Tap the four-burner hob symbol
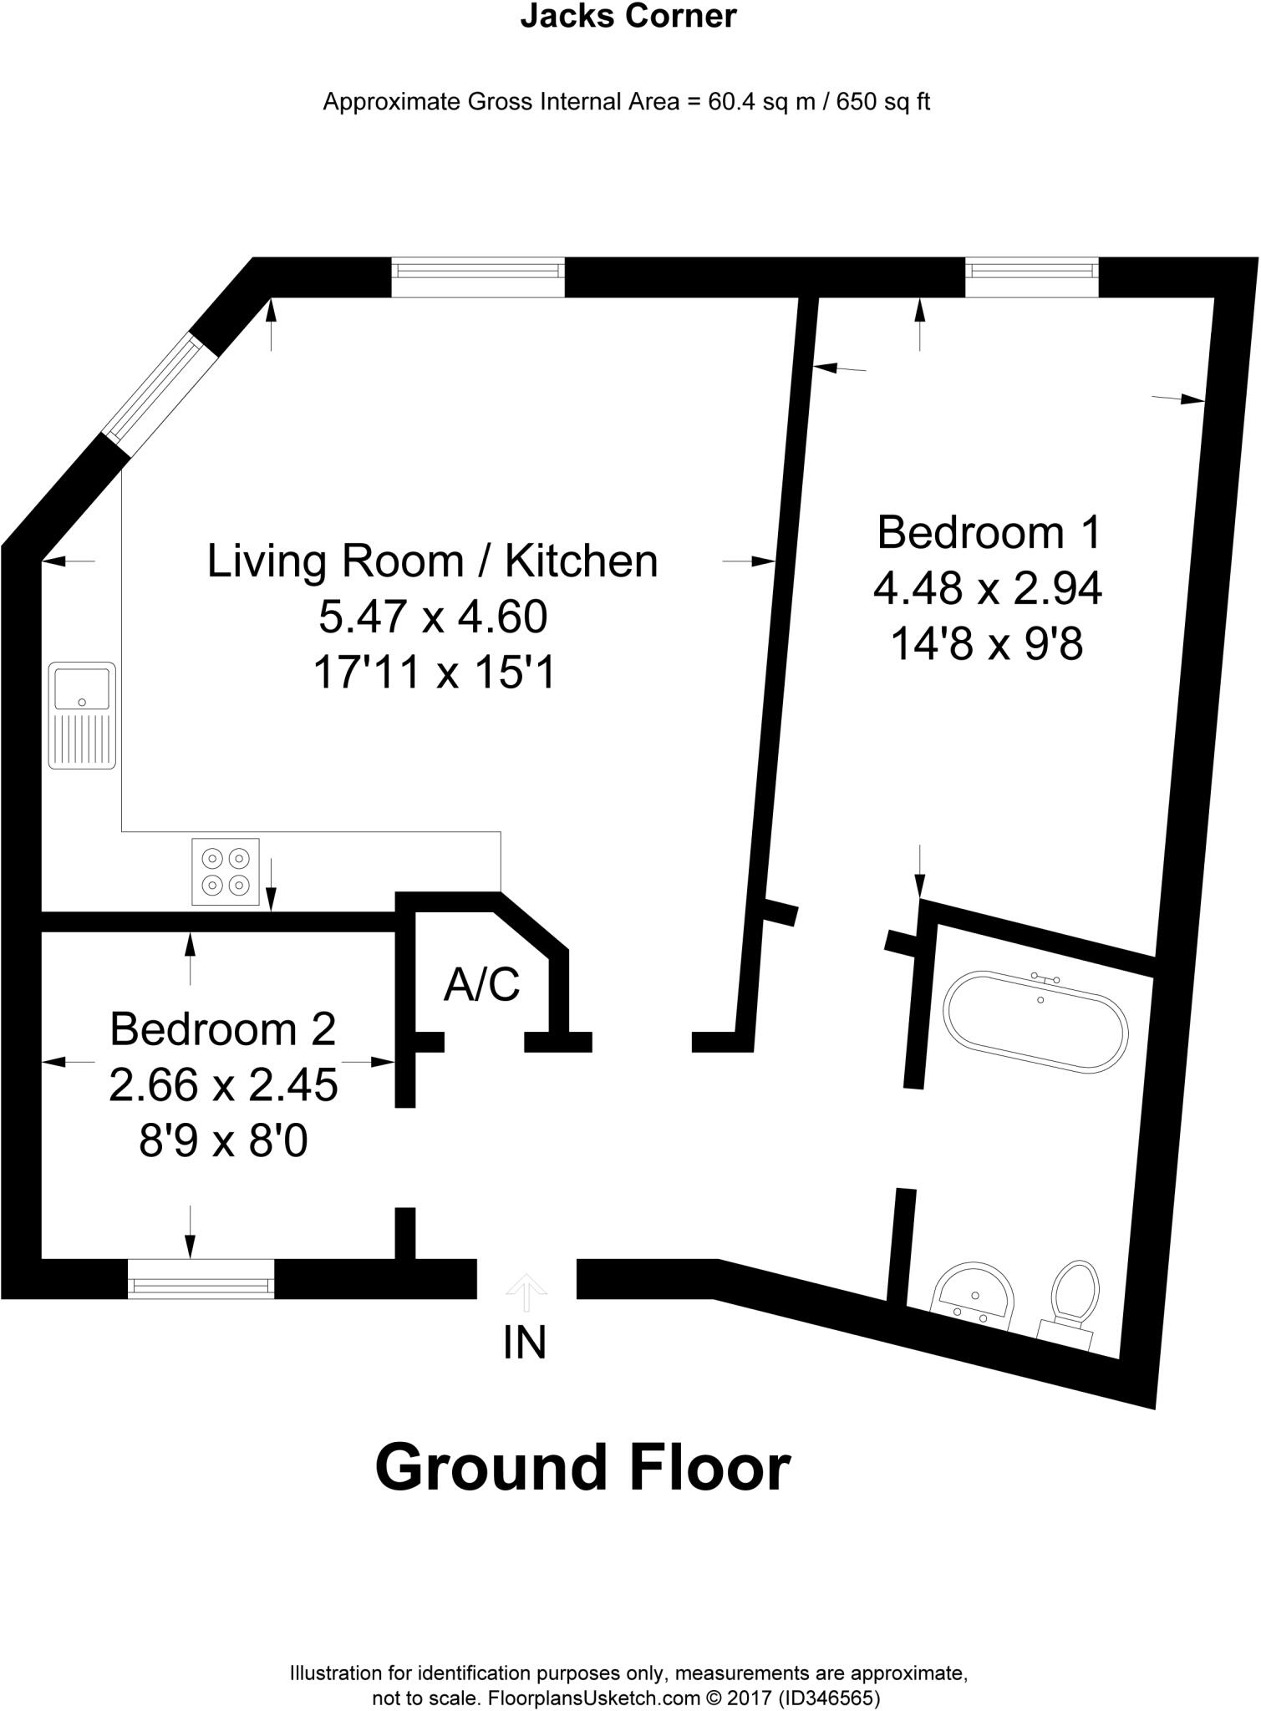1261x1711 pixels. point(226,871)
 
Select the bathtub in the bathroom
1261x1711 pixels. point(1035,1020)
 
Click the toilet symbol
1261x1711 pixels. point(1073,1302)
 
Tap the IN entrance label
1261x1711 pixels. point(525,1343)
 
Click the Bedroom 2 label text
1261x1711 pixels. point(222,1028)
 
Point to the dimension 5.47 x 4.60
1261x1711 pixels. point(433,617)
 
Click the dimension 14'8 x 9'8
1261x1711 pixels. point(987,644)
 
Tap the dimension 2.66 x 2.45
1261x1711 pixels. point(223,1085)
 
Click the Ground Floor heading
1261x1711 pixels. point(582,1468)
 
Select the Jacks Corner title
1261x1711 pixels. point(628,17)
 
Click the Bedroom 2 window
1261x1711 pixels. point(201,1279)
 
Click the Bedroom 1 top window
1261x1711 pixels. point(1031,277)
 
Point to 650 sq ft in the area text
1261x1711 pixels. point(883,102)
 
